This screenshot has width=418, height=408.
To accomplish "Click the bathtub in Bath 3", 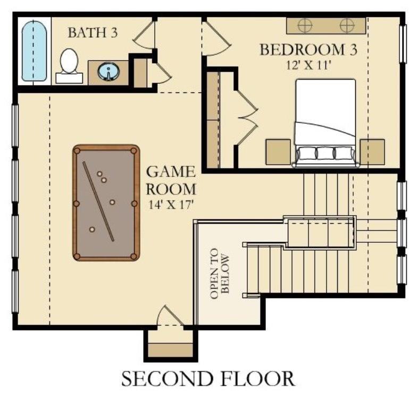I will [x=35, y=50].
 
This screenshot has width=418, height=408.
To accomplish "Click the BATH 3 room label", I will [x=92, y=32].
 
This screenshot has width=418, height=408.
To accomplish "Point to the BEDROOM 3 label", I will [x=307, y=50].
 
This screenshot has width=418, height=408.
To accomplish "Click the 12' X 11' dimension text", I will [x=307, y=65].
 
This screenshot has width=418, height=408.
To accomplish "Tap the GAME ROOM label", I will [x=171, y=180].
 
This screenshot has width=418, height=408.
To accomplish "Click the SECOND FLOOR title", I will [x=207, y=379].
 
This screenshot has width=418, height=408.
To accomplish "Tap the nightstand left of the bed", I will [x=278, y=152].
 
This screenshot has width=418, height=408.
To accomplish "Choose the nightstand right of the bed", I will [x=372, y=152].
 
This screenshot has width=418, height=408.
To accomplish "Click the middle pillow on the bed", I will [x=325, y=154].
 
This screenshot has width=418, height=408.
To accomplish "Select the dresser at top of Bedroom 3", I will [x=325, y=25].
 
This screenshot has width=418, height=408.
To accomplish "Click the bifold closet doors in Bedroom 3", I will [x=246, y=112].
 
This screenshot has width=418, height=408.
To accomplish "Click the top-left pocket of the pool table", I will [x=78, y=151].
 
